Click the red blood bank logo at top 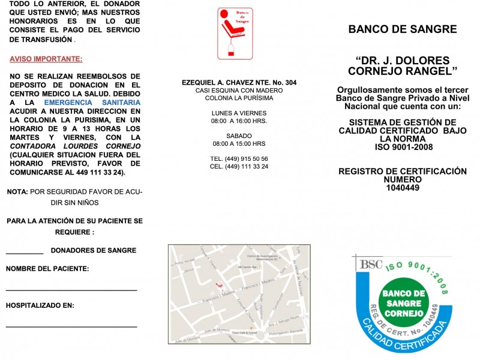pos(235,34)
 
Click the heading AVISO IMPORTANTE pos(46,59)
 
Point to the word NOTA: pos(17,191)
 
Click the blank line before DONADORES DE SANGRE pos(25,254)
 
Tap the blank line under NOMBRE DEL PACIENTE pos(71,290)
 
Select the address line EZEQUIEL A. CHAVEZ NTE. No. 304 pos(239,82)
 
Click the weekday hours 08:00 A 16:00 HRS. pos(239,121)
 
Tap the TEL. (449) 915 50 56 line pos(239,158)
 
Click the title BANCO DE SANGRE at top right pos(402,29)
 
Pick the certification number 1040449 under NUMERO pos(403,188)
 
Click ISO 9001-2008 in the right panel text pos(403,148)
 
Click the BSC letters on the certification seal pos(366,263)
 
